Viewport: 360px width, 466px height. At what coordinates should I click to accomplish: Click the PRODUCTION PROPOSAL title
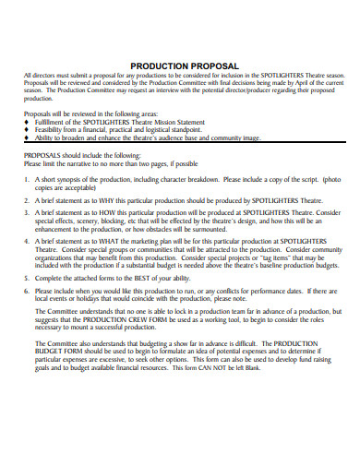184,66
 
